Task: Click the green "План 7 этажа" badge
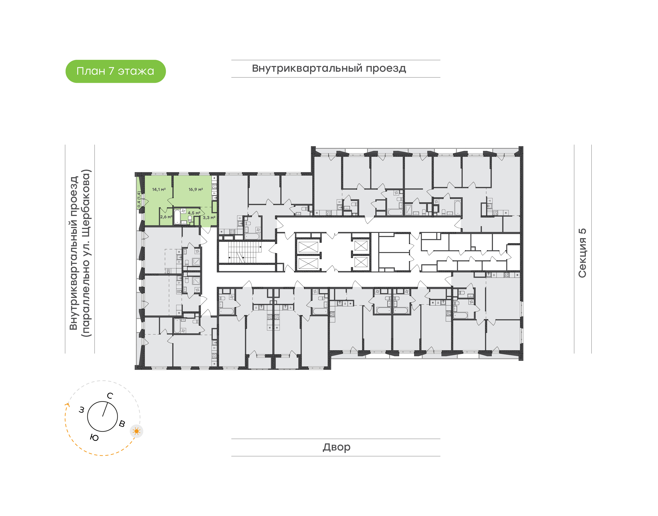click(x=115, y=71)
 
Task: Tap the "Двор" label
click(x=336, y=447)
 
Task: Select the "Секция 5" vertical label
click(x=582, y=253)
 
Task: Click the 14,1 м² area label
click(x=159, y=190)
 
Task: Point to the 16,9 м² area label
click(x=196, y=190)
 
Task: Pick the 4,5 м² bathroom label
click(x=194, y=213)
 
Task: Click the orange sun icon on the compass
click(x=137, y=431)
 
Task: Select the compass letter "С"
click(x=110, y=396)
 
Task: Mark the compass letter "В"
click(x=122, y=424)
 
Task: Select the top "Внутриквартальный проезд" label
click(x=329, y=68)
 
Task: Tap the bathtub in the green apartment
click(x=177, y=217)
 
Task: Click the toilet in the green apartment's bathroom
click(x=190, y=219)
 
